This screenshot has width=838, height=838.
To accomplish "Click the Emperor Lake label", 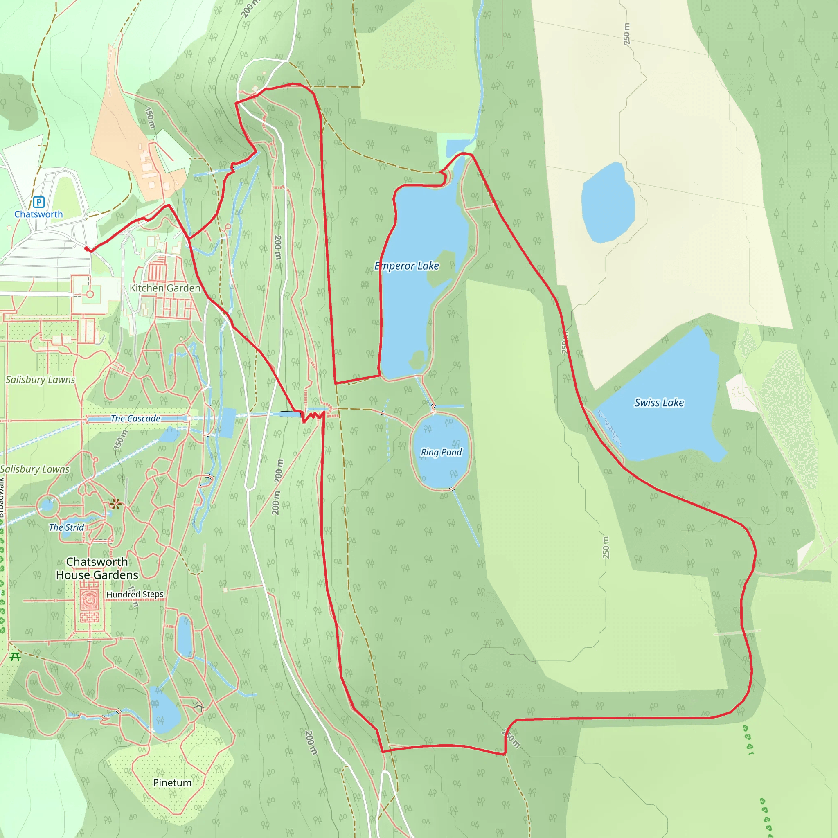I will [x=407, y=266].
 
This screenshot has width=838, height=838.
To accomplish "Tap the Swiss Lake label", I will [x=659, y=403].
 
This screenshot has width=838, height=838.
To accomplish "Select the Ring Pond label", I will [x=441, y=452].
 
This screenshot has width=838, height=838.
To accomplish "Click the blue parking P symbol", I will [x=38, y=202].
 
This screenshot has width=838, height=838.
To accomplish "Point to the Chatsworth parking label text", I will [x=38, y=214].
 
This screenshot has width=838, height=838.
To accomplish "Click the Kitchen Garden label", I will [x=165, y=288].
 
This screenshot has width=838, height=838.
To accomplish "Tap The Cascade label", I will [x=135, y=419].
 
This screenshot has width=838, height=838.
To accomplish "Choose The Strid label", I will [x=66, y=527].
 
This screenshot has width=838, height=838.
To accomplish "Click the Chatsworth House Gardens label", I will [x=97, y=568].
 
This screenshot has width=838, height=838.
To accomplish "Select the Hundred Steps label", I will [x=135, y=594].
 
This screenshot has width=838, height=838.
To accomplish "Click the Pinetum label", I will [x=172, y=782].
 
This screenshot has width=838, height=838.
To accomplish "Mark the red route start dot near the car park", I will [x=87, y=249].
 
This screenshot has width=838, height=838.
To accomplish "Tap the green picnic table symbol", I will [x=15, y=657].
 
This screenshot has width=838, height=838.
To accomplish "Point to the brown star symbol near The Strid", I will [x=115, y=504].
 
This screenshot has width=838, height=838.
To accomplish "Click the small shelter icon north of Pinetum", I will [x=198, y=708].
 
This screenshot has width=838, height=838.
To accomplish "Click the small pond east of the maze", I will [x=185, y=636].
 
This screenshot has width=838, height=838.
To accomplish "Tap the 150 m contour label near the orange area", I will [x=150, y=117].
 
